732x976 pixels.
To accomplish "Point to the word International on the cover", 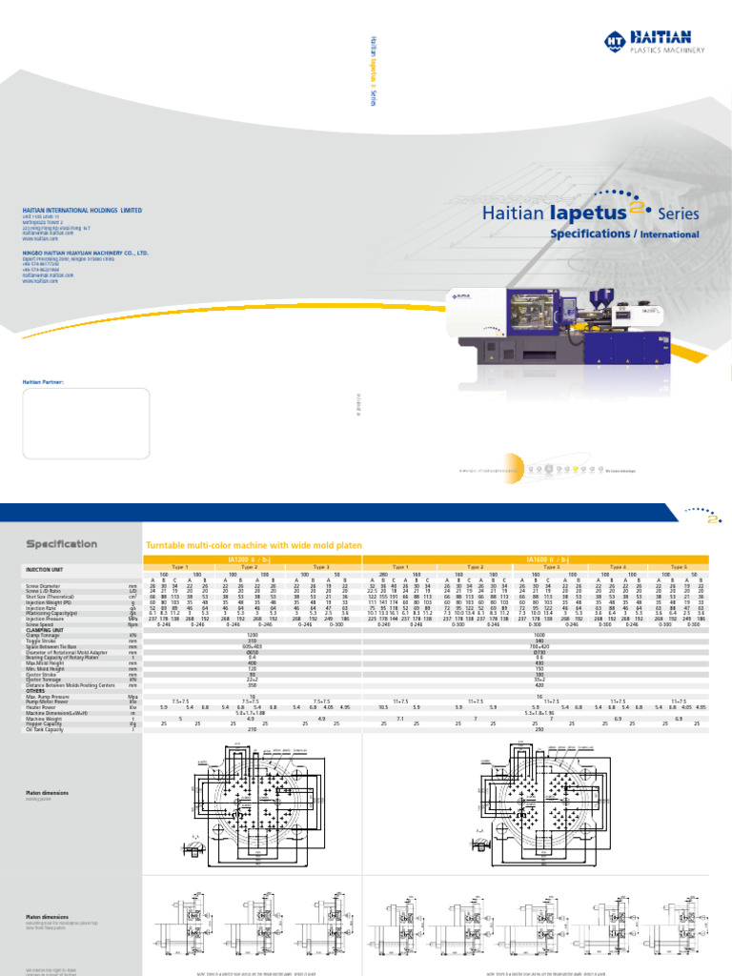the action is click(x=669, y=234).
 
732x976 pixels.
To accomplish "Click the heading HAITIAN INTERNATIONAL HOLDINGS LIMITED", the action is click(x=82, y=211).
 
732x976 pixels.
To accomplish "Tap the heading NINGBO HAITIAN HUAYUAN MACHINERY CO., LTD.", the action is click(x=86, y=254).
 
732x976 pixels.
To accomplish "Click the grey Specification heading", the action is click(x=61, y=544).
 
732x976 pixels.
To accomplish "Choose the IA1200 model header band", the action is click(x=251, y=559).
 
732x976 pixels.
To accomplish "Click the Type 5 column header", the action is click(x=678, y=566).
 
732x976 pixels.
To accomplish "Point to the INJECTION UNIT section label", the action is click(x=43, y=569).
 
